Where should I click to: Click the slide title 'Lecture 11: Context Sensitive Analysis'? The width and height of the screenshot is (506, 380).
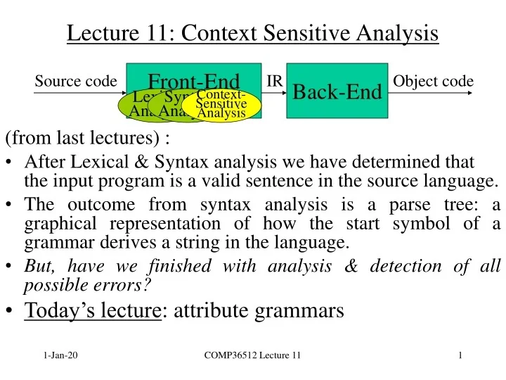(x=253, y=33)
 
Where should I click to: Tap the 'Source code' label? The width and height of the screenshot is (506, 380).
(x=75, y=82)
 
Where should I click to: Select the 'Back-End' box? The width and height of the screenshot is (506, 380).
(x=337, y=91)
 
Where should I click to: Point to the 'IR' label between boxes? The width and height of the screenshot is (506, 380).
(x=275, y=81)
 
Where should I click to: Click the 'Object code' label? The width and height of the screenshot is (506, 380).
(x=433, y=82)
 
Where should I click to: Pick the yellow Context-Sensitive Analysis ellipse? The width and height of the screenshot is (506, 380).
(x=221, y=104)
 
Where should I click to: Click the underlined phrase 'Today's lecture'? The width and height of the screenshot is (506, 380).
(x=92, y=310)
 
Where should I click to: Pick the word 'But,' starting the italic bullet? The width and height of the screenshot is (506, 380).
(x=39, y=267)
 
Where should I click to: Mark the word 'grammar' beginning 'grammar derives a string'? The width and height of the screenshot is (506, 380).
(x=53, y=244)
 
